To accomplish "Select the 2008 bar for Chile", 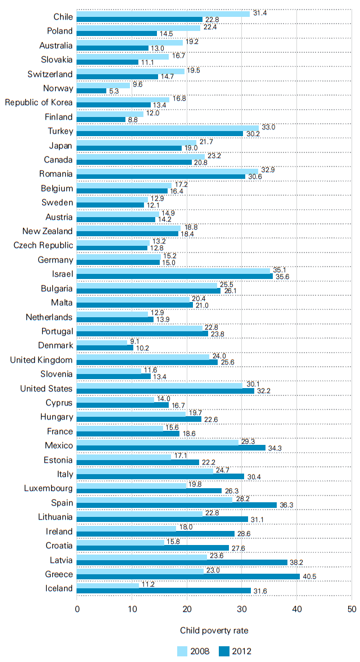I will click(163, 13).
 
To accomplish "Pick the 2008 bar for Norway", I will click(103, 85).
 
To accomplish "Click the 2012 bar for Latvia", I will click(182, 562).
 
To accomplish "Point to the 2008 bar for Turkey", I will click(168, 128).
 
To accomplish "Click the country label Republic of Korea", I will click(39, 102).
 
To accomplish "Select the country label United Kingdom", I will click(41, 360).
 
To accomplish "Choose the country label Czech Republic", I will click(43, 245).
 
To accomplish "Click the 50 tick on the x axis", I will click(352, 609).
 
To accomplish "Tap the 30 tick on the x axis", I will click(242, 609).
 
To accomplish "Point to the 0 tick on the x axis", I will click(76, 609).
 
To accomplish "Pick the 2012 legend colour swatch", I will click(227, 651).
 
